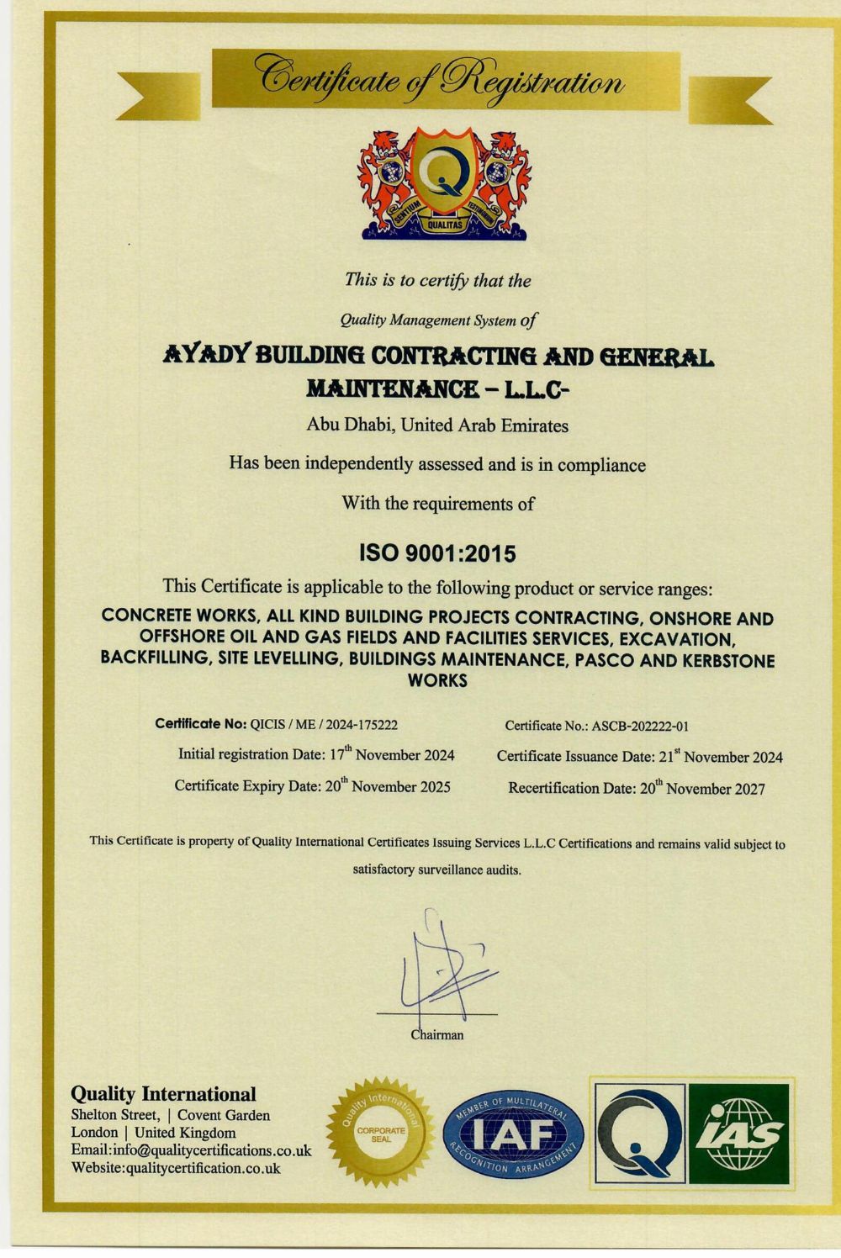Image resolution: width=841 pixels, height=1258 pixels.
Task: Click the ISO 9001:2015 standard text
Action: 436,553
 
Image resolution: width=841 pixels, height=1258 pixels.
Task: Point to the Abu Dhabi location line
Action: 437,425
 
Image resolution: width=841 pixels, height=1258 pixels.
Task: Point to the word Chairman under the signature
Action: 437,1035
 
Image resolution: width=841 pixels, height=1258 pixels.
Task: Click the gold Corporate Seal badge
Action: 381,1132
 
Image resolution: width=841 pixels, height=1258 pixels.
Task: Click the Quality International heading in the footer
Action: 163,1094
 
